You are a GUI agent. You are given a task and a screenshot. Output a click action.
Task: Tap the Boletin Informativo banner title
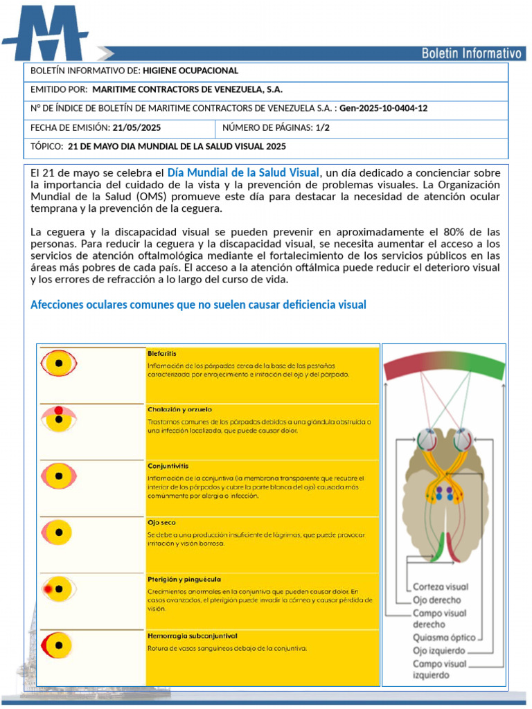pos(471,53)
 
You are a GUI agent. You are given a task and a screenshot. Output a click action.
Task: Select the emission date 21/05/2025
pos(136,127)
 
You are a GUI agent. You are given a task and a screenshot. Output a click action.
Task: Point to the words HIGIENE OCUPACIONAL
pos(190,71)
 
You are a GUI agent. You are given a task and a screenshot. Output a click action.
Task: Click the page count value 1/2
pos(322,127)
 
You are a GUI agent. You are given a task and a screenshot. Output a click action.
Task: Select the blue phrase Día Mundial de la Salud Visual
pos(243,172)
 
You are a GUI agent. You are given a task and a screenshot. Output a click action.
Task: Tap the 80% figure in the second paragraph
pos(454,231)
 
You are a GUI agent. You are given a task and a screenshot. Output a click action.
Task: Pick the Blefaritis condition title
pos(161,354)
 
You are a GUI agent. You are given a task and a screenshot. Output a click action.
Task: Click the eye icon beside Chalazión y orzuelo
pos(59,418)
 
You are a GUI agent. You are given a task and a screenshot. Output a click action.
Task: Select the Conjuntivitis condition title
pos(167,467)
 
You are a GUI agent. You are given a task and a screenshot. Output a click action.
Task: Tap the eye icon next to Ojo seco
pos(59,532)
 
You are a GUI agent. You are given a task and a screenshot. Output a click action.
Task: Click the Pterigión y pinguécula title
pos(184,579)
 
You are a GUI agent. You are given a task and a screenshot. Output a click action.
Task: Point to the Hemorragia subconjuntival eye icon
pos(59,645)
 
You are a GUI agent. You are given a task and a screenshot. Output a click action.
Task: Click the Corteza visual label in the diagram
pos(441,587)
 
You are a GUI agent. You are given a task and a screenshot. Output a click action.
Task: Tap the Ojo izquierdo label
pos(438,651)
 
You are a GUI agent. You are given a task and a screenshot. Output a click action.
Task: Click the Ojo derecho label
pos(436,600)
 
